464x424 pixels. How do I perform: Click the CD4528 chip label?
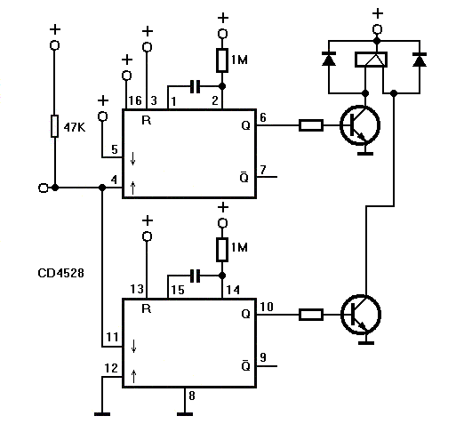click(x=60, y=273)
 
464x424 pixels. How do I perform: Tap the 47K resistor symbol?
click(x=54, y=126)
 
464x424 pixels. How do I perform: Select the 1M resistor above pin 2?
click(x=222, y=60)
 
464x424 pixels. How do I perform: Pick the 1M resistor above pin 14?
click(x=222, y=250)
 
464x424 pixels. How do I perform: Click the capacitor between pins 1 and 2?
click(x=195, y=86)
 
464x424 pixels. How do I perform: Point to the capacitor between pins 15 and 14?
click(x=195, y=276)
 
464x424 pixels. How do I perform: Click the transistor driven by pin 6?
click(x=360, y=125)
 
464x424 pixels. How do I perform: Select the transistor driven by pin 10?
click(x=361, y=315)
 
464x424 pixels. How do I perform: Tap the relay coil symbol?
click(x=371, y=60)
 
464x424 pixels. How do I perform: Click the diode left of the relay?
click(x=329, y=59)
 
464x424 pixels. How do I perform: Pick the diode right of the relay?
click(x=420, y=60)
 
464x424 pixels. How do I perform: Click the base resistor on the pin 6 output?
click(x=311, y=125)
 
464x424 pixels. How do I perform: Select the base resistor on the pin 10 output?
click(x=311, y=315)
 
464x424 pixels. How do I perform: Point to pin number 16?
click(x=135, y=100)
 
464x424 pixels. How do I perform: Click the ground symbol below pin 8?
click(x=185, y=414)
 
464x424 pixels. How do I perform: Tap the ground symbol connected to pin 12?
click(x=102, y=414)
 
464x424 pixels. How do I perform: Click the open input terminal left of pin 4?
click(x=44, y=188)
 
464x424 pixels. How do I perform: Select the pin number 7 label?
click(x=263, y=170)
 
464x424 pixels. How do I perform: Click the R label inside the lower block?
click(x=147, y=308)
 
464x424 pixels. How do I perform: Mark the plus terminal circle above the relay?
click(x=377, y=29)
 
